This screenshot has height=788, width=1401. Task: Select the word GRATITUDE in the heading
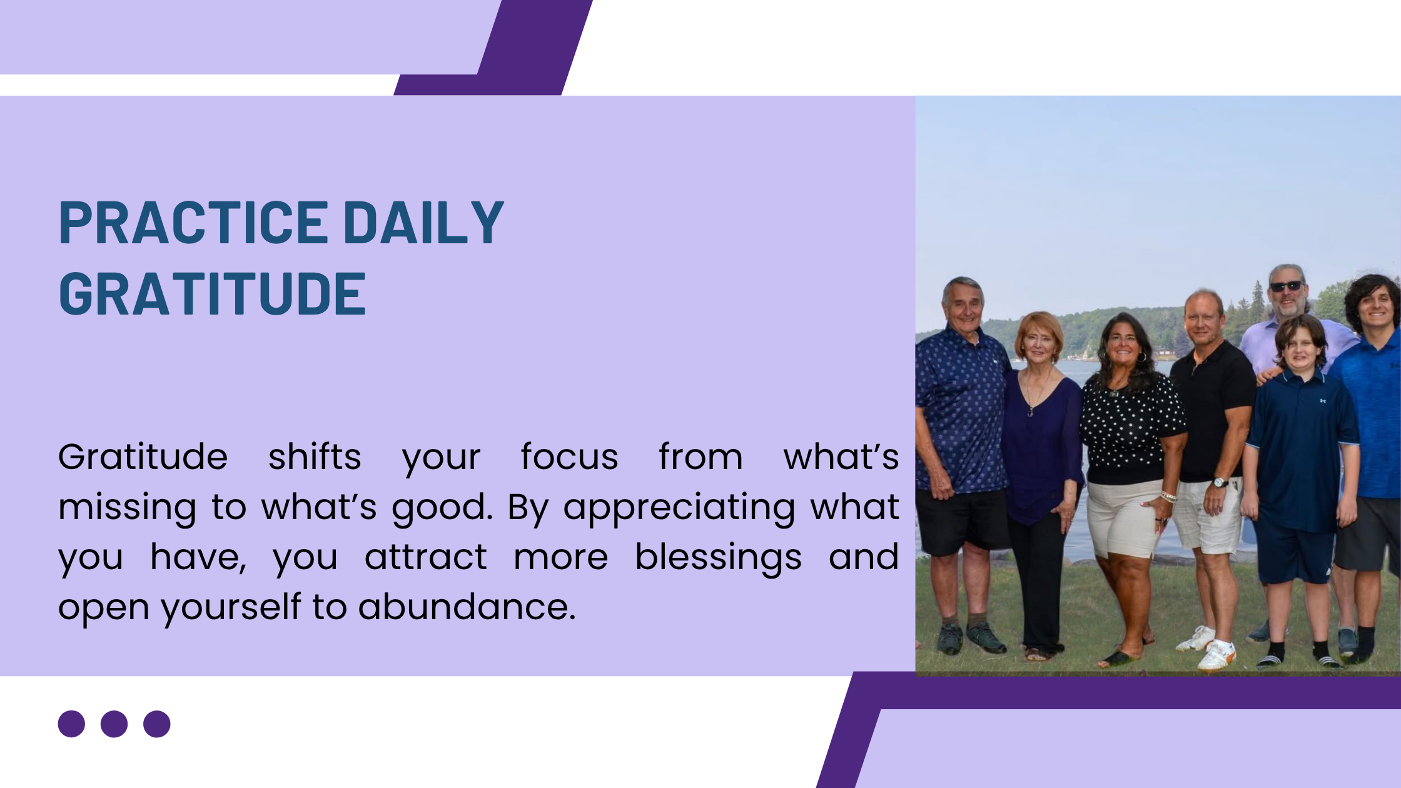[212, 293]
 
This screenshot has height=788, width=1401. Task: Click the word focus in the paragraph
[569, 457]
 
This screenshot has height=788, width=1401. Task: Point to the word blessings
[718, 558]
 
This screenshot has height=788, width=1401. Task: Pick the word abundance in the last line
[467, 607]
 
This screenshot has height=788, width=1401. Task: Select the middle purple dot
[114, 724]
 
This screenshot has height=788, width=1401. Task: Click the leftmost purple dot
[71, 724]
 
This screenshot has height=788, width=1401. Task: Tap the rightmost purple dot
[156, 724]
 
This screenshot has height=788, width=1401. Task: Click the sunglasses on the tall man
[1286, 286]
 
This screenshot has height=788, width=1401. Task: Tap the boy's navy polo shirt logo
[1323, 400]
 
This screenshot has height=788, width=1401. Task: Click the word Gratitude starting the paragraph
[143, 457]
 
